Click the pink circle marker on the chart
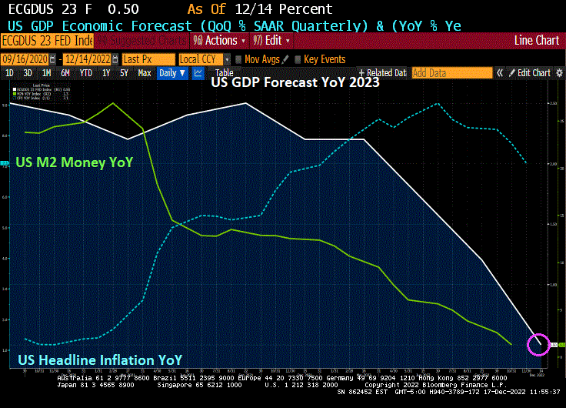(x=539, y=343)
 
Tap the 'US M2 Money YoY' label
(x=75, y=162)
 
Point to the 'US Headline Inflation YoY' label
(x=100, y=360)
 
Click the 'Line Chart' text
(x=536, y=40)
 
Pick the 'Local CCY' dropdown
(x=204, y=59)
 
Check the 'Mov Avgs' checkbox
(x=239, y=59)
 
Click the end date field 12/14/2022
(x=88, y=59)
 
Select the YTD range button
(x=86, y=73)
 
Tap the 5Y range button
(x=124, y=73)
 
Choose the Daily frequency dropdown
(x=171, y=73)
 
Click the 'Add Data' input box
(x=451, y=73)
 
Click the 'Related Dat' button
(x=382, y=73)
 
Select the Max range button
(x=144, y=73)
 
